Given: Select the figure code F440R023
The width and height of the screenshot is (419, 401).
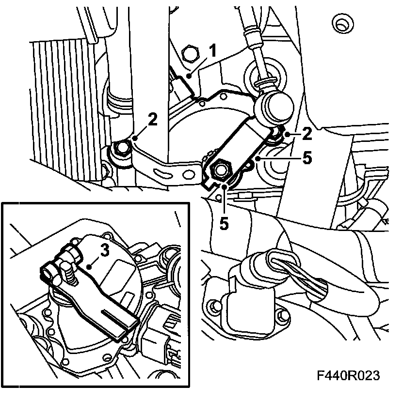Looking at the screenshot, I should click(x=347, y=375).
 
